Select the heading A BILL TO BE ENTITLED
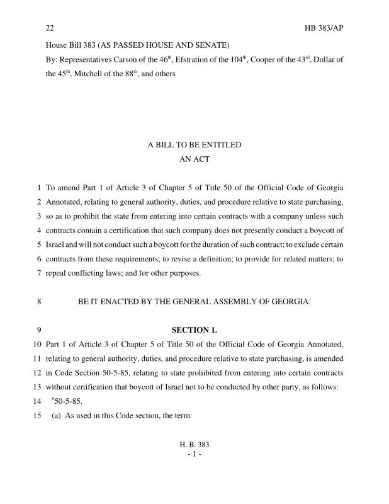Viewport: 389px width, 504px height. pyautogui.click(x=194, y=145)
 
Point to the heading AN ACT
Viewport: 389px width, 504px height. pyautogui.click(x=194, y=159)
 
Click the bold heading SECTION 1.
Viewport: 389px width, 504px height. pyautogui.click(x=194, y=330)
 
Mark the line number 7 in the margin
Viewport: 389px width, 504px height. pyautogui.click(x=39, y=273)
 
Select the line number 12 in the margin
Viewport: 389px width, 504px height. pyautogui.click(x=37, y=372)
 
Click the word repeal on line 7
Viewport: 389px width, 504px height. pyautogui.click(x=59, y=273)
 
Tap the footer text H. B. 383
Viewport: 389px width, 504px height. pyautogui.click(x=194, y=445)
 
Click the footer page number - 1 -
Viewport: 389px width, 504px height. pyautogui.click(x=194, y=454)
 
